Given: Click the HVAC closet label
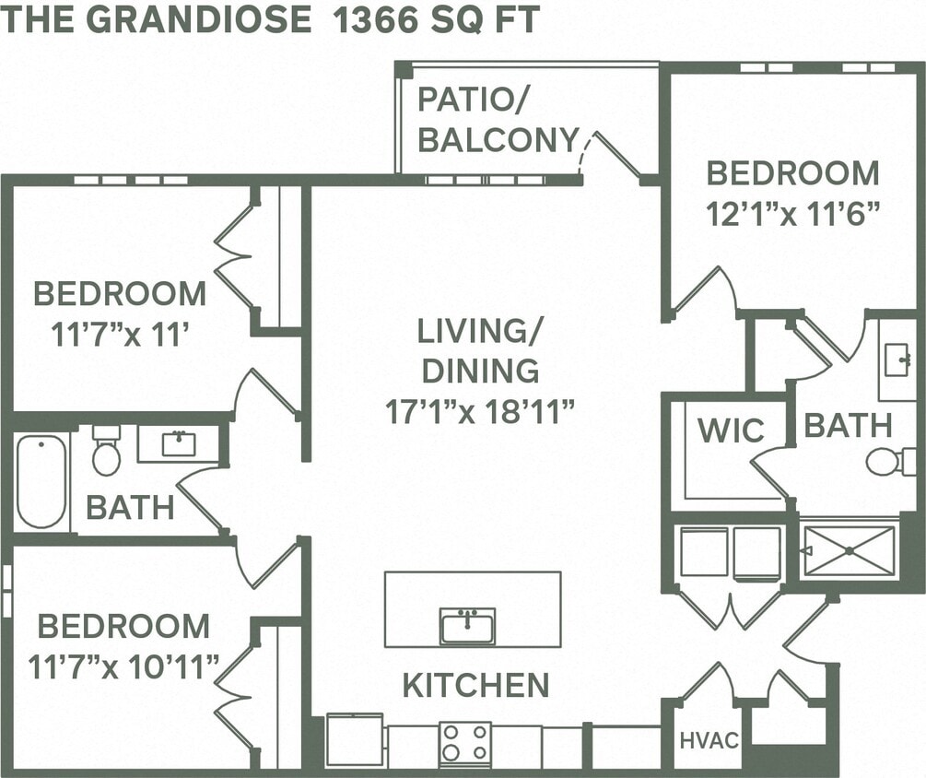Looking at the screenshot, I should pos(709,740).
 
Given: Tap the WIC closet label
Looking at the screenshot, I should pos(731,430).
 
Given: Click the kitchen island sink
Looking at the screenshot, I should pos(467,626).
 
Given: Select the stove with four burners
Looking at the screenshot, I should pos(465,743).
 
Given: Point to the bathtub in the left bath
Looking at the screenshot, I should pos(41,480).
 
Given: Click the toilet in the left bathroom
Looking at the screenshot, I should pos(106,451).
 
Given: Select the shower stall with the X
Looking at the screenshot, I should pos(849,550).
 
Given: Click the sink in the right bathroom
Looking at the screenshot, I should pos(897,360).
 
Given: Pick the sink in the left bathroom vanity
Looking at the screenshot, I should pos(178,443).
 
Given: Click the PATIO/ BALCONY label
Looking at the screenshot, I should pos(498,119).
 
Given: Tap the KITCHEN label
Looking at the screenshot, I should pos(475,685).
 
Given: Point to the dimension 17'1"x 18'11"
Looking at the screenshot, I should pos(480,410).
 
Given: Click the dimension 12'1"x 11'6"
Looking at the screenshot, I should pos(791,214).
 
